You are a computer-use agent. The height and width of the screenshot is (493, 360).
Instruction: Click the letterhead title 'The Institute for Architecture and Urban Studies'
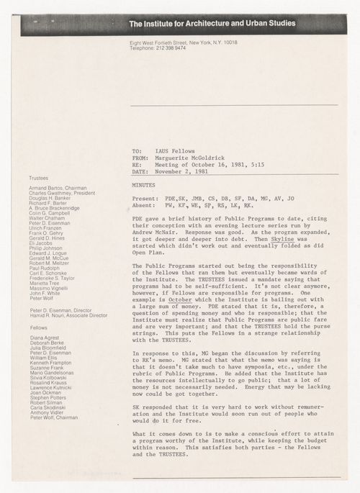coord(211,24)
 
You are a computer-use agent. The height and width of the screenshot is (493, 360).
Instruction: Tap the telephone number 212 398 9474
coord(169,48)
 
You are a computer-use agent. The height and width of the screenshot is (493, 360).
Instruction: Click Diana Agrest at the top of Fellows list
coord(44,339)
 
